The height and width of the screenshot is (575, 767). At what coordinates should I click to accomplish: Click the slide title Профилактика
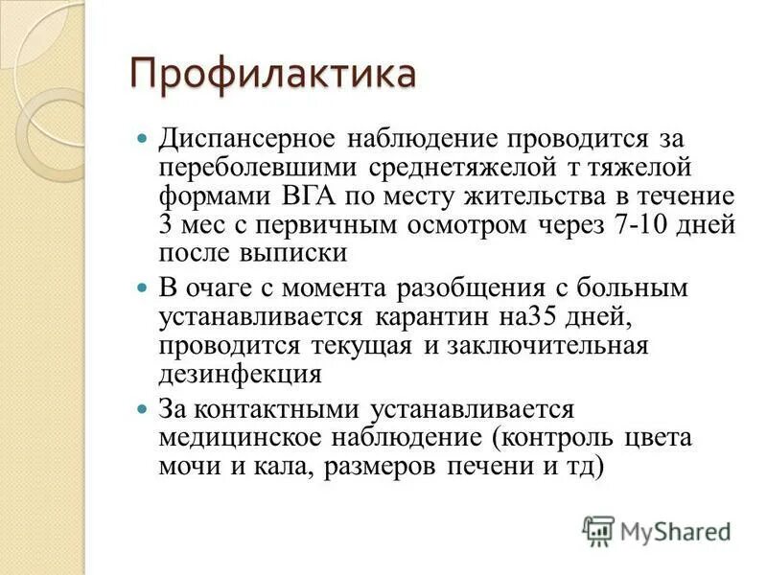click(x=273, y=74)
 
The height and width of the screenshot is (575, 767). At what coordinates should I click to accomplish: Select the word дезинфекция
click(x=239, y=374)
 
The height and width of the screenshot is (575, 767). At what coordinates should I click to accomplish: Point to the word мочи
click(x=186, y=466)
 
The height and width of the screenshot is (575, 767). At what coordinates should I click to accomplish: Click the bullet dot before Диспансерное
click(x=143, y=139)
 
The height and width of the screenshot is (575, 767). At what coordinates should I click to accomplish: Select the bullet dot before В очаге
click(x=143, y=287)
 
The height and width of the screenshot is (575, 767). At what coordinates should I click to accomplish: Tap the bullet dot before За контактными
click(x=143, y=409)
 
